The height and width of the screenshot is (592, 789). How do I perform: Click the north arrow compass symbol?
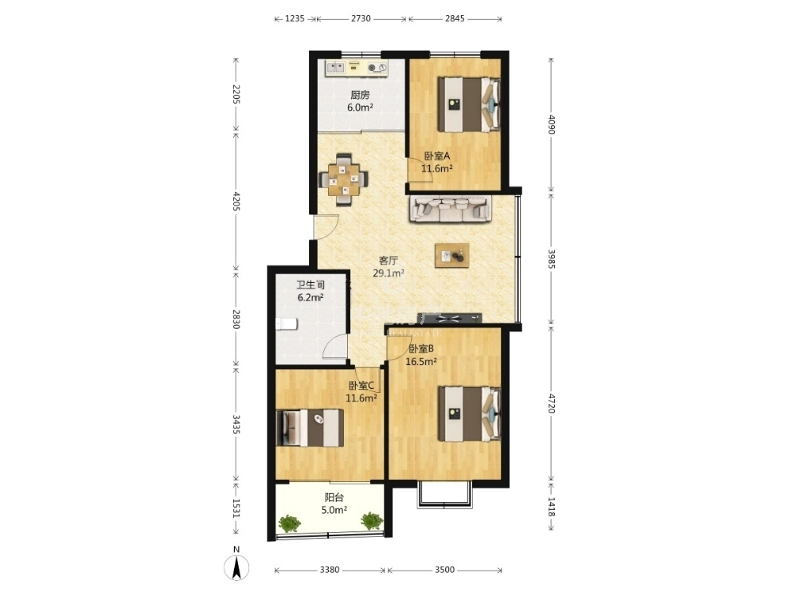pos(236,567)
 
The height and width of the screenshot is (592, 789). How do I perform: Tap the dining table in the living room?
pos(344,179)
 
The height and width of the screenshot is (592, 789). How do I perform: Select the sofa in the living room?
pos(451,209)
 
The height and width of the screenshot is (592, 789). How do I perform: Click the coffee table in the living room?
pos(452,255)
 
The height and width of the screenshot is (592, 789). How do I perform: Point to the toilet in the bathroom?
pos(286,324)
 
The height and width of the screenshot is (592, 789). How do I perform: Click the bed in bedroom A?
pos(469,104)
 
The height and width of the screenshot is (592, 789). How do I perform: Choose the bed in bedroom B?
pos(469,413)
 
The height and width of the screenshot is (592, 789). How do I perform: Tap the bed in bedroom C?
pos(309,428)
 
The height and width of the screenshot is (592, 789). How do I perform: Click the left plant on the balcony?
pos(289,523)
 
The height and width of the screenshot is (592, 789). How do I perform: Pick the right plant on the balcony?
pos(372,521)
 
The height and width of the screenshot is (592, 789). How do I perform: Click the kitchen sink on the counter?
pos(334,67)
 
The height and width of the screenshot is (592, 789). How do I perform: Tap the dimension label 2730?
pos(361,19)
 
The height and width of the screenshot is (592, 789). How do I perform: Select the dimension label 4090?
pos(552,124)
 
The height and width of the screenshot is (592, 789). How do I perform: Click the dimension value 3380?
pos(330,570)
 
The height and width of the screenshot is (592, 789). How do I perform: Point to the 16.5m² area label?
pos(421,361)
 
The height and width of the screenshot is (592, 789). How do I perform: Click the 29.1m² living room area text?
pos(388,273)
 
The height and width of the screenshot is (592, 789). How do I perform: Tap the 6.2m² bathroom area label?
pos(311,297)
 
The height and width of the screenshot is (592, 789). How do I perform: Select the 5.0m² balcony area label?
pos(334,510)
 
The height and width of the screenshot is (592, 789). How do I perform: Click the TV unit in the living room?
pos(449,318)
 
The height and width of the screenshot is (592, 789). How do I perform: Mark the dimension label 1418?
pos(552,507)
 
